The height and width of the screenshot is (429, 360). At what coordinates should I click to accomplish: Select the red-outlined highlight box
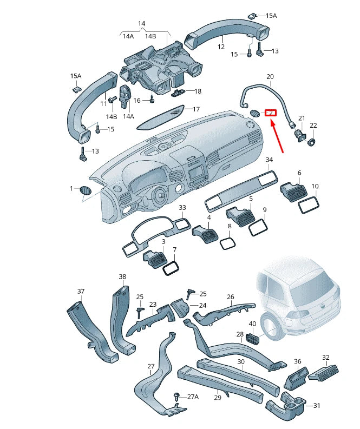270,113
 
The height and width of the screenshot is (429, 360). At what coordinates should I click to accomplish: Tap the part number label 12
221,47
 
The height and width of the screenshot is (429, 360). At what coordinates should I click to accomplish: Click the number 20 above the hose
270,77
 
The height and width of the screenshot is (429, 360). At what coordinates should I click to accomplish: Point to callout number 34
269,160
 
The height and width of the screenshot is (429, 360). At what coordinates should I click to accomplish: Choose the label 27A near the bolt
193,397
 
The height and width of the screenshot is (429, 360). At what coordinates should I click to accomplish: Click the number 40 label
252,324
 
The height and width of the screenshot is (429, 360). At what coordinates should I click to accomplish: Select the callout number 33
182,208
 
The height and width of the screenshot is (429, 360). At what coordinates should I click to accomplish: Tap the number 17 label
196,109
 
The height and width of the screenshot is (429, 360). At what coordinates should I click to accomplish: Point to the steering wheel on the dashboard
160,195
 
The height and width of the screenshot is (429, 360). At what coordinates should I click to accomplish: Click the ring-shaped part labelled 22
313,142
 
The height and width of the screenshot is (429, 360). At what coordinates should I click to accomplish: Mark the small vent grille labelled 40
252,339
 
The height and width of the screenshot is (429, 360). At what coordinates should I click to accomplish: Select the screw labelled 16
152,99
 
